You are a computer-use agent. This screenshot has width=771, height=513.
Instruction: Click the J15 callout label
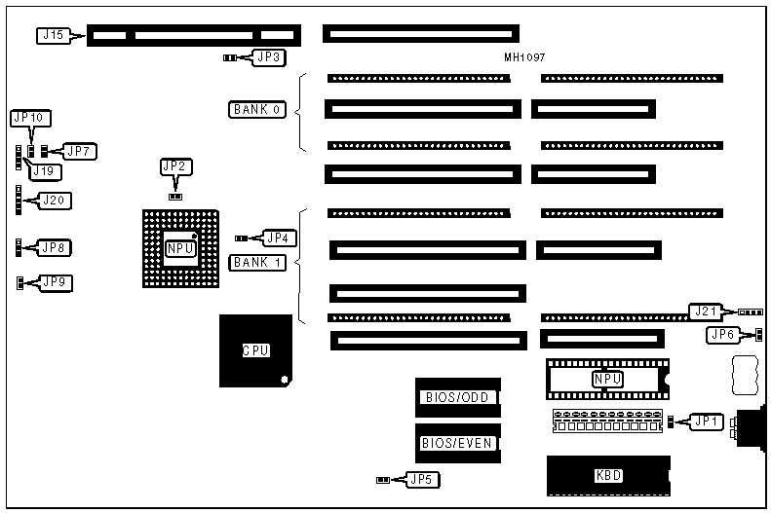tap(52, 36)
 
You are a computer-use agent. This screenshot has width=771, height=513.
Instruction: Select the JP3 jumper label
tap(268, 57)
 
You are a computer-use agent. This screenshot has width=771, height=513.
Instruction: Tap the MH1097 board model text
tap(524, 58)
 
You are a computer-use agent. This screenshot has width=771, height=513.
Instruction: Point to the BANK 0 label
tap(257, 110)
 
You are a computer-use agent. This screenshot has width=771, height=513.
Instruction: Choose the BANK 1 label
tap(257, 263)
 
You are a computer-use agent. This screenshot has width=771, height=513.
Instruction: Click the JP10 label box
tap(28, 118)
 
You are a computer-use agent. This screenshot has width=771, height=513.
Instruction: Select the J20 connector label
tap(54, 201)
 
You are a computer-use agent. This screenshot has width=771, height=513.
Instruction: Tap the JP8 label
tap(55, 247)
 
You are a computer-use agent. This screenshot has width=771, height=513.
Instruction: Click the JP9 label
tap(55, 282)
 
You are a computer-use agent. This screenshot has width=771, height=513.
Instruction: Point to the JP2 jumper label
tap(173, 166)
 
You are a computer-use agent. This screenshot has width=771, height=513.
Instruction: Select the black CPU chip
tap(255, 350)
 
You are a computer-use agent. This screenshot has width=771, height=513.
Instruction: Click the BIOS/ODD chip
tap(458, 397)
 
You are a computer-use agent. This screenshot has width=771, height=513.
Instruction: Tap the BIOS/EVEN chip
tap(458, 444)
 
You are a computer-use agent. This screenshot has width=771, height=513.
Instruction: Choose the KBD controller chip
tap(608, 476)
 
